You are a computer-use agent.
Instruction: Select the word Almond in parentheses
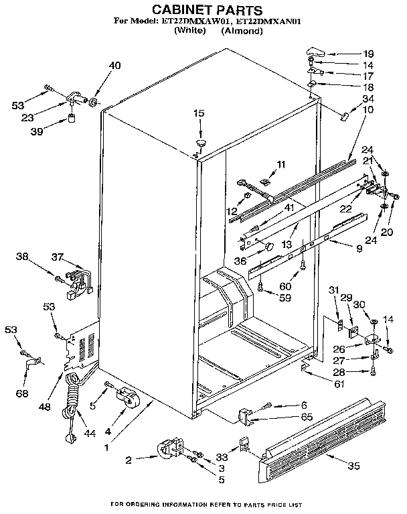242,31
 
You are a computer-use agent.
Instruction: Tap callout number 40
115,65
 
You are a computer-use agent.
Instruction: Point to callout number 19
368,54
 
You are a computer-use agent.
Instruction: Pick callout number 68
23,393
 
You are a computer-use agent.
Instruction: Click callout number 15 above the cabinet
198,114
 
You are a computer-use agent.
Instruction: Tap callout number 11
280,164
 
